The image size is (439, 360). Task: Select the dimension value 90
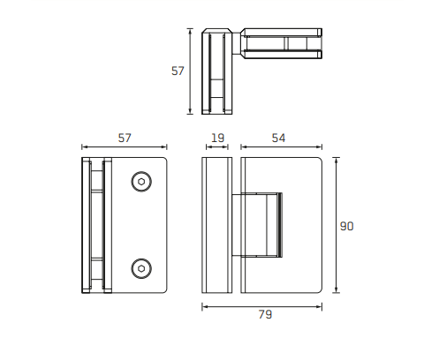pyautogui.click(x=346, y=226)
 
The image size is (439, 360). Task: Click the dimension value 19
pyautogui.click(x=216, y=138)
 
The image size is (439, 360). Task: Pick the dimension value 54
pyautogui.click(x=278, y=138)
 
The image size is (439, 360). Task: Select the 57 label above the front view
pyautogui.click(x=125, y=138)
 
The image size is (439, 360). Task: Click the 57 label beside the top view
pyautogui.click(x=178, y=71)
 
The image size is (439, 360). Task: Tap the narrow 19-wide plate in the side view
pyautogui.click(x=216, y=226)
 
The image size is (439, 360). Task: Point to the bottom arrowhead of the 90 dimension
pyautogui.click(x=336, y=290)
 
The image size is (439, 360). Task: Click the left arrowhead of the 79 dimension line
pyautogui.click(x=205, y=306)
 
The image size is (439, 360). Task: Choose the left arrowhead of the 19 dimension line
pyautogui.click(x=205, y=148)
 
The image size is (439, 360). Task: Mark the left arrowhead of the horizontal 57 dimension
pyautogui.click(x=84, y=148)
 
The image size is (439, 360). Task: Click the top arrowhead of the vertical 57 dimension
pyautogui.click(x=190, y=31)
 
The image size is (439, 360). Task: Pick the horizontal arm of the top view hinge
pyautogui.click(x=281, y=43)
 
